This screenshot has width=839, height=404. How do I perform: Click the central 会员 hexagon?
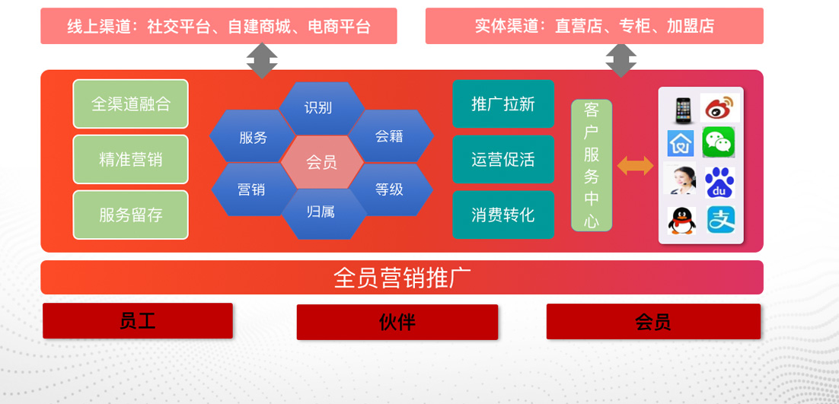pos(321,162)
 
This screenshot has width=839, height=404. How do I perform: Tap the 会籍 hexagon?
pos(391,135)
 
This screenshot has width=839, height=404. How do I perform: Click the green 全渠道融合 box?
pos(130,103)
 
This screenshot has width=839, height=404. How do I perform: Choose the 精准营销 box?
pos(130,159)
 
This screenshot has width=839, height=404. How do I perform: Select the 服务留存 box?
pos(130,215)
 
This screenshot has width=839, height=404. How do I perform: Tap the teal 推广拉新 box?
pos(503,103)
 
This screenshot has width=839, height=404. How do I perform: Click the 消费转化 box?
pos(503,215)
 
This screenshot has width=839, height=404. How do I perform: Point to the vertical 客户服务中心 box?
pos(592,165)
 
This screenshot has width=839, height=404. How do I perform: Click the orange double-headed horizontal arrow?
pos(635,166)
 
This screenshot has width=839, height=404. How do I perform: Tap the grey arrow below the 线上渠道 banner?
pos(262,60)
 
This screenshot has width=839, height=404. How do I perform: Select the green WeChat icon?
pos(719,142)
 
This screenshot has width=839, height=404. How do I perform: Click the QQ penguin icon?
pos(681,220)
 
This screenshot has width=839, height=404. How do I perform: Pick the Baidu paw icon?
pos(719,183)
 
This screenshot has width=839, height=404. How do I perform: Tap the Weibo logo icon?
pos(719,107)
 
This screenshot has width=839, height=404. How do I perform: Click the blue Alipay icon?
pos(721,220)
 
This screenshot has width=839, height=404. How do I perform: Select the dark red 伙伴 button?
pos(397,323)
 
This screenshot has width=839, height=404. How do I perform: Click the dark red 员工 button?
pos(138,320)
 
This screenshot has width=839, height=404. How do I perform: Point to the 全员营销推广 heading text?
pos(402,278)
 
